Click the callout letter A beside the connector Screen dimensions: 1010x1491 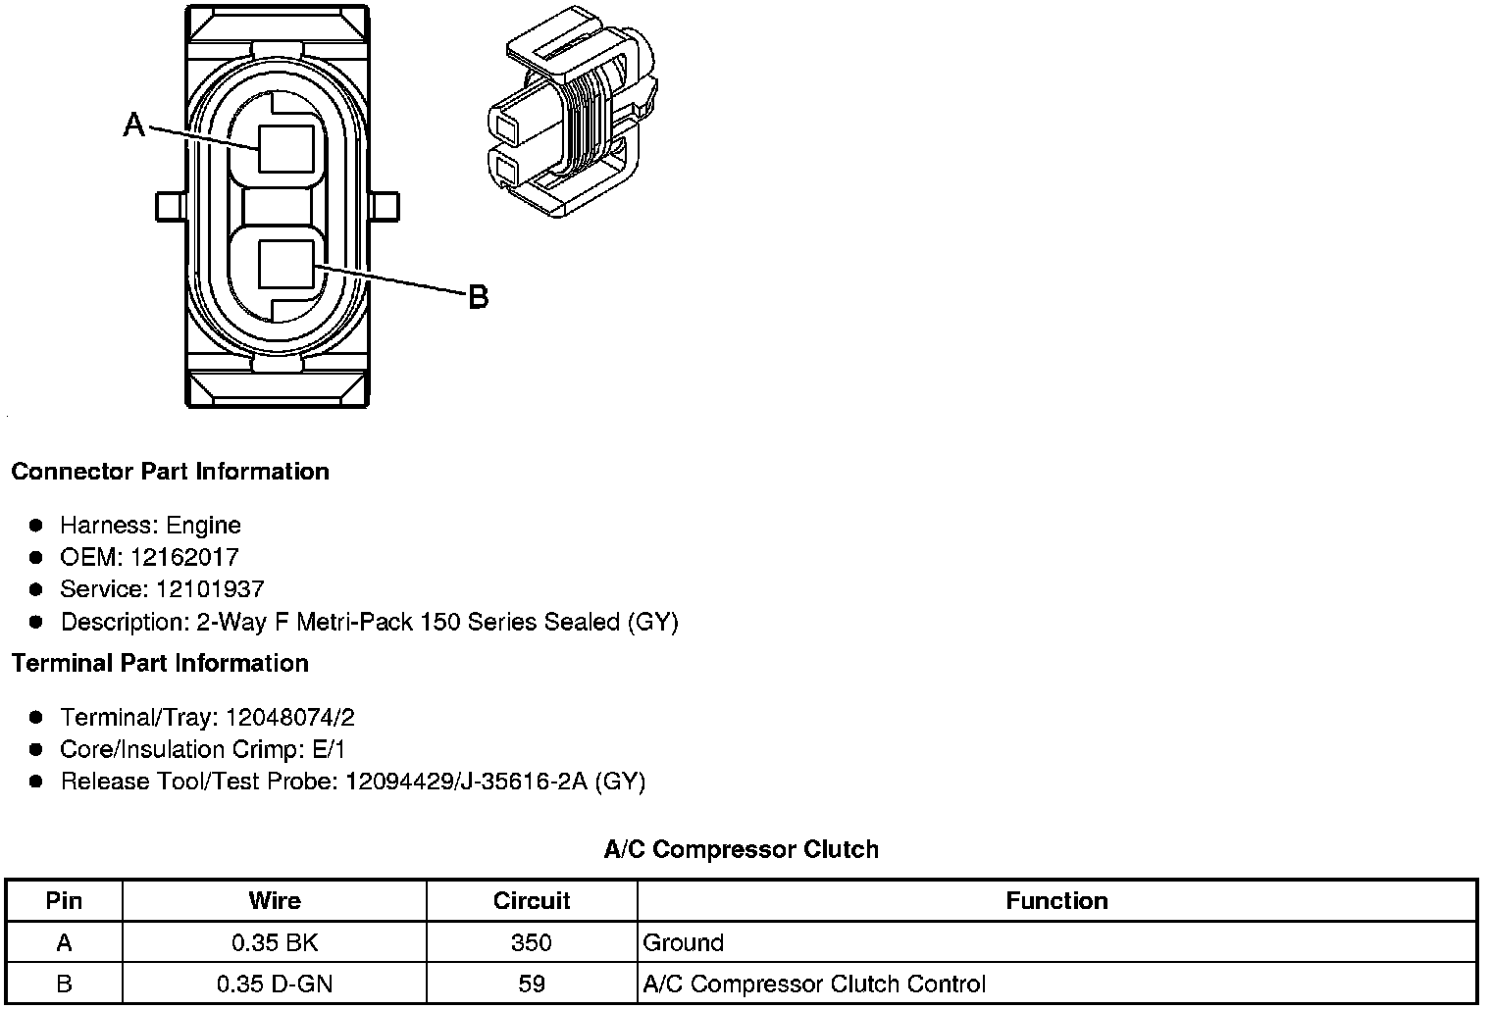[134, 125]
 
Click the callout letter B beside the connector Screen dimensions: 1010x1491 [478, 296]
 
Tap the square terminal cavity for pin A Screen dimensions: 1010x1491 [286, 149]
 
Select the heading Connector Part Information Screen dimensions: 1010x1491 [170, 472]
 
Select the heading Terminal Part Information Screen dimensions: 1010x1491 [160, 664]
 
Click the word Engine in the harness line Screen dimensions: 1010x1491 [203, 526]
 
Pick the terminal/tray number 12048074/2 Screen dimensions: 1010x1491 [290, 718]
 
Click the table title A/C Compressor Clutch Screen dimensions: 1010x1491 [741, 849]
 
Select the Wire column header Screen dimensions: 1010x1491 [275, 901]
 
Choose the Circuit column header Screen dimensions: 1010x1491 [532, 901]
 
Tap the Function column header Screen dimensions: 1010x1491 [1056, 901]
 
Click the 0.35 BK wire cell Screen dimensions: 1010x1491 [275, 943]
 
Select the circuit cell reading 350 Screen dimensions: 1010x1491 [532, 943]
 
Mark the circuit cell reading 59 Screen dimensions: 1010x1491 [532, 984]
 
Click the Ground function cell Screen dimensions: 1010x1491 [684, 943]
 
